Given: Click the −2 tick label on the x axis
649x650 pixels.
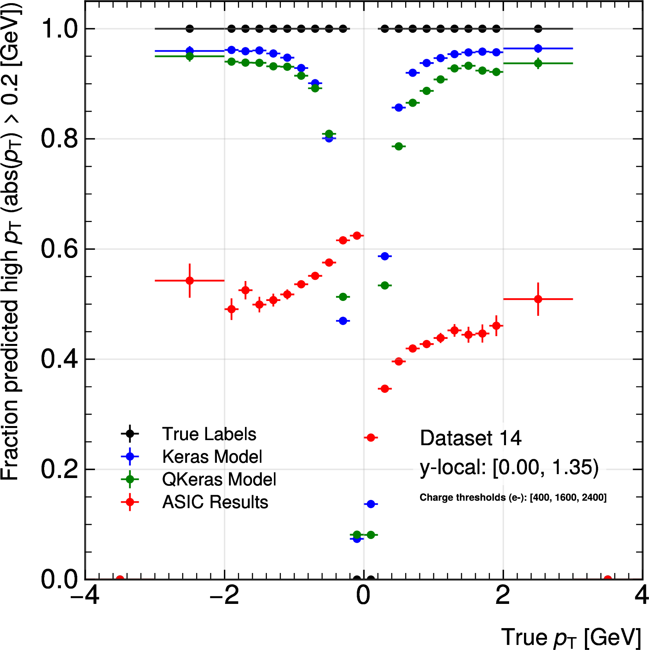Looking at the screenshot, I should [x=224, y=596].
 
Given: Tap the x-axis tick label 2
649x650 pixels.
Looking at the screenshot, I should [x=503, y=596].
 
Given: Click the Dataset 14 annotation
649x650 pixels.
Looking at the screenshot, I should [x=470, y=438].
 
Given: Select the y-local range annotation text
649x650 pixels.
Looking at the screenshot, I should [x=509, y=467].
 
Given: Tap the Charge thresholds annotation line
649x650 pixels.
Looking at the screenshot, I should [x=513, y=498].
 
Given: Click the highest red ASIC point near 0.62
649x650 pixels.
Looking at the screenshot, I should [x=357, y=236].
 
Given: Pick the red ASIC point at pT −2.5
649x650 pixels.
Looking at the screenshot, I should [x=190, y=281].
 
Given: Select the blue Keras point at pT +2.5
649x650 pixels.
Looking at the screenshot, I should [x=538, y=48].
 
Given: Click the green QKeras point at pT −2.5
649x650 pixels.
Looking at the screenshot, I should [x=190, y=56].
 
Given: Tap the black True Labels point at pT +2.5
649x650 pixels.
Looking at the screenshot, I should [x=538, y=29].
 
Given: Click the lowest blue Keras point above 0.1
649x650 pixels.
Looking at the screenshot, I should [x=371, y=504].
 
